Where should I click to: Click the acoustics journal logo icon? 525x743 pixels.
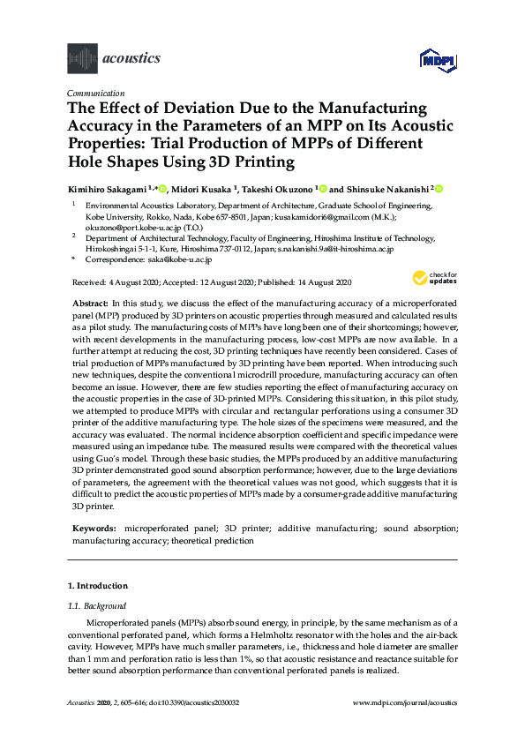[82, 59]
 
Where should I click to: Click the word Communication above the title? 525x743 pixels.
[95, 93]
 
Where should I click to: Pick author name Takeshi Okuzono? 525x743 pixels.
[276, 189]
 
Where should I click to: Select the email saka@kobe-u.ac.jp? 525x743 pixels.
[180, 260]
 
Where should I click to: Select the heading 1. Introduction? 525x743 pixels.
[97, 586]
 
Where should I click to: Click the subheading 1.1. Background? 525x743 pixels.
[97, 606]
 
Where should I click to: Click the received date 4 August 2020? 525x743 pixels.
[129, 282]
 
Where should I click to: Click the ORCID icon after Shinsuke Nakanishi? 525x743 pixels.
[439, 189]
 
